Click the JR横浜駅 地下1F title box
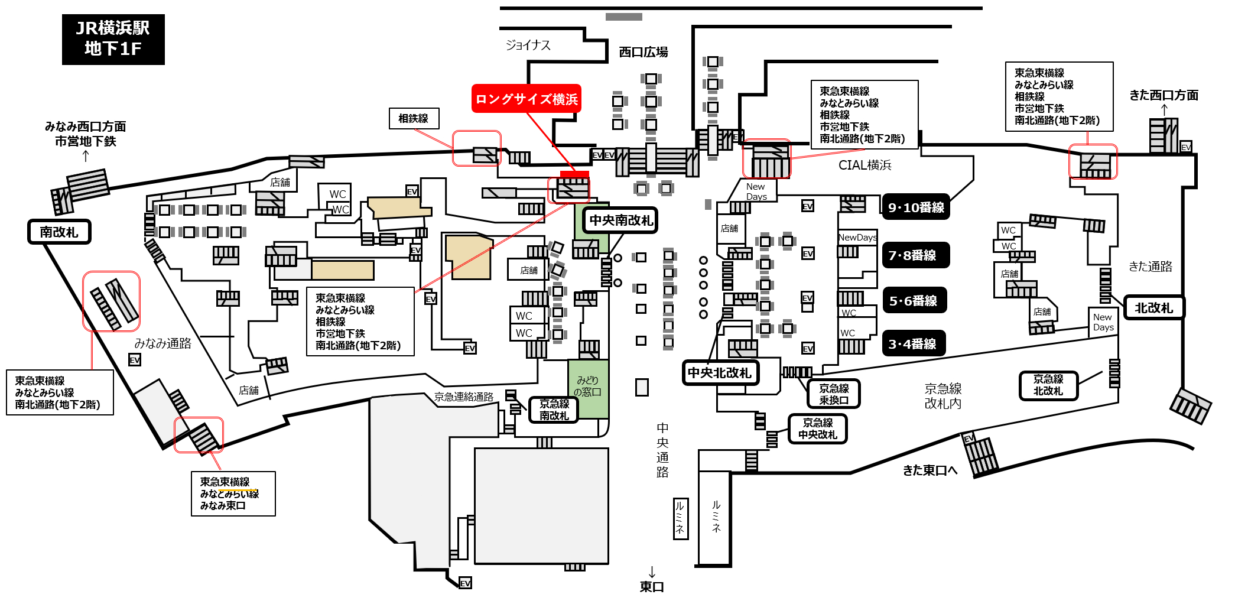[113, 39]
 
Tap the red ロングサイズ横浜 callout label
[526, 99]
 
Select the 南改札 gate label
[59, 232]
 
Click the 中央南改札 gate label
[620, 220]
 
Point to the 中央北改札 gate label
[720, 373]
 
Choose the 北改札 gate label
[1153, 307]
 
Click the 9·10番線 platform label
[916, 207]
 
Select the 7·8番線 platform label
[916, 255]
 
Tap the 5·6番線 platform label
[914, 300]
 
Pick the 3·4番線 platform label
[914, 344]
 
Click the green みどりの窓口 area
[589, 388]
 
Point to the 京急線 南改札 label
[554, 410]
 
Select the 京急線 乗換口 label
[834, 394]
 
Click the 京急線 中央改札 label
[818, 428]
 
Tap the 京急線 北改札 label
[1048, 385]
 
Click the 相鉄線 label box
[414, 118]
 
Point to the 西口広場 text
[643, 52]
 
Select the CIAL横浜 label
[865, 165]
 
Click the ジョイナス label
[528, 45]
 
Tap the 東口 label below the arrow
[652, 586]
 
